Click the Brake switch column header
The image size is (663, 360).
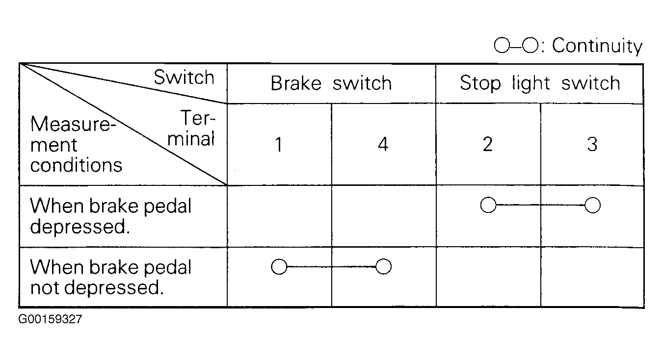pyautogui.click(x=331, y=83)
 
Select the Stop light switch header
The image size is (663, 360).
pyautogui.click(x=540, y=83)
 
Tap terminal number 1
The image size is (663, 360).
pyautogui.click(x=279, y=145)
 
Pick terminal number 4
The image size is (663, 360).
pyautogui.click(x=383, y=145)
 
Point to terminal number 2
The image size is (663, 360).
pyautogui.click(x=488, y=145)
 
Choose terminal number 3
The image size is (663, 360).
pyautogui.click(x=592, y=145)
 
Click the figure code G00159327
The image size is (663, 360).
pyautogui.click(x=50, y=319)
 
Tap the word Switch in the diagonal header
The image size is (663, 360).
pyautogui.click(x=184, y=77)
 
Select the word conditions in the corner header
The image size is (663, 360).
pyautogui.click(x=76, y=165)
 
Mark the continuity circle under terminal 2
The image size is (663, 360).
pyautogui.click(x=488, y=205)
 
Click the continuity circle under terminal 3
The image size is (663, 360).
pyautogui.click(x=592, y=206)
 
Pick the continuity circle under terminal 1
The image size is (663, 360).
pyautogui.click(x=279, y=266)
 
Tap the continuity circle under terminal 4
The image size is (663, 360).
pyautogui.click(x=384, y=266)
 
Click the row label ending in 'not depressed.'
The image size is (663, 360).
pyautogui.click(x=111, y=277)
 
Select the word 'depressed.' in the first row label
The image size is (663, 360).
pyautogui.click(x=80, y=227)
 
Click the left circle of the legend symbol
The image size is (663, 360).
pyautogui.click(x=502, y=45)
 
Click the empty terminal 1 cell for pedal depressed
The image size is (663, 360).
pyautogui.click(x=279, y=216)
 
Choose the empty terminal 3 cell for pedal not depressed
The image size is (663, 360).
pyautogui.click(x=592, y=277)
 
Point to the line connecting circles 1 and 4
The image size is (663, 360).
pyautogui.click(x=332, y=266)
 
